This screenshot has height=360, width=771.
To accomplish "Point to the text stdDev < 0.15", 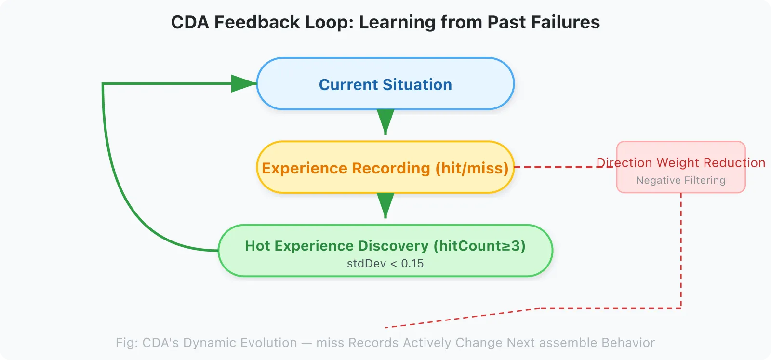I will click(385, 264).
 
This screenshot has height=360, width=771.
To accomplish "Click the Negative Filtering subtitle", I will click(680, 180).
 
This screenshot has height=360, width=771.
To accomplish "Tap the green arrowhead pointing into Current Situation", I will click(243, 83).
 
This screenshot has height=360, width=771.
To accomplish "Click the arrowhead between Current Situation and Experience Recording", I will click(385, 120).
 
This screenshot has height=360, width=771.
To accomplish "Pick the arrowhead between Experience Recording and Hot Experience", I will click(385, 204).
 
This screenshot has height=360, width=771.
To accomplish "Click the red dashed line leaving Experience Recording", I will click(554, 167).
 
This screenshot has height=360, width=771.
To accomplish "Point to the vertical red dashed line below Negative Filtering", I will click(681, 251).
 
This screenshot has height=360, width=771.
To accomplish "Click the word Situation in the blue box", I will click(417, 85).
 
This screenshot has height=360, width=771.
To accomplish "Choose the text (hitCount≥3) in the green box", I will click(479, 246).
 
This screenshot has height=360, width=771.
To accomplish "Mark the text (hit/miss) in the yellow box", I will click(472, 168).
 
